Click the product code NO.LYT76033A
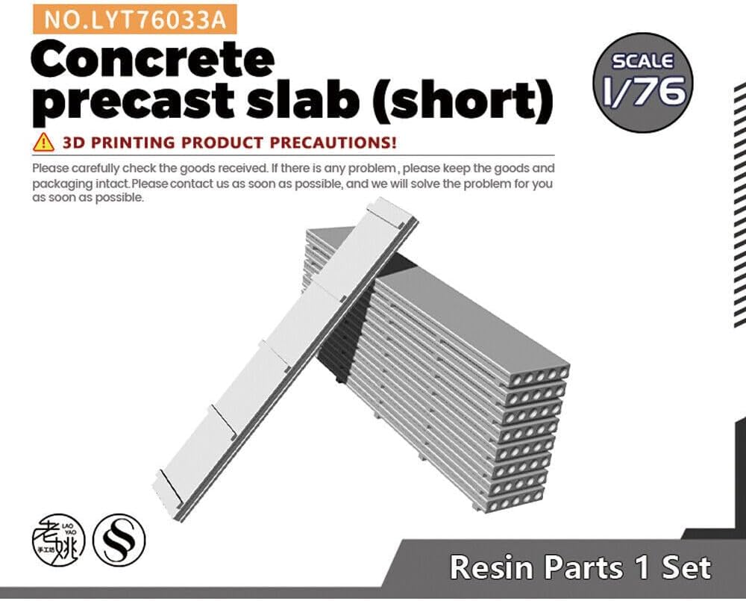pyautogui.click(x=135, y=19)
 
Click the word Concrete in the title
pyautogui.click(x=153, y=60)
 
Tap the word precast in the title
pyautogui.click(x=134, y=102)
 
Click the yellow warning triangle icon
pyautogui.click(x=43, y=142)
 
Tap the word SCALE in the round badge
pyautogui.click(x=643, y=61)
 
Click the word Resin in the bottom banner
pyautogui.click(x=492, y=567)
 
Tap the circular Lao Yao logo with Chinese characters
pyautogui.click(x=58, y=540)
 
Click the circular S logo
pyautogui.click(x=119, y=540)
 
